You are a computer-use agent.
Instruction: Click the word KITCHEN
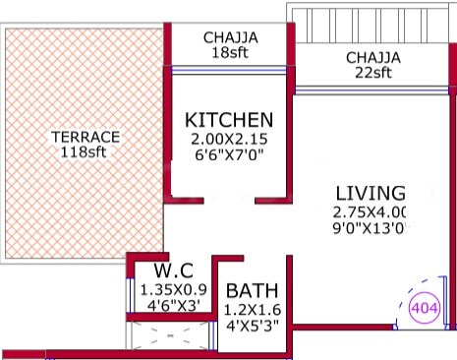(229, 120)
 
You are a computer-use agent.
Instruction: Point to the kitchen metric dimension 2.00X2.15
(229, 140)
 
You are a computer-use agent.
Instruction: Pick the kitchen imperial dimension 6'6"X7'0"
(229, 156)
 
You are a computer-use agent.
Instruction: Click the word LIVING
(370, 193)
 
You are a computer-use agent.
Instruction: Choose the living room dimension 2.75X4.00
(371, 212)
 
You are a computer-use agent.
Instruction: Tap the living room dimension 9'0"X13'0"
(371, 229)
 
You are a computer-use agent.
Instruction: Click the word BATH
(253, 292)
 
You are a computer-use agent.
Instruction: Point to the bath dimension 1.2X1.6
(253, 311)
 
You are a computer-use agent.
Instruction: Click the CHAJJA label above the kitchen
(231, 38)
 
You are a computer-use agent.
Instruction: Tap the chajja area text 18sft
(231, 54)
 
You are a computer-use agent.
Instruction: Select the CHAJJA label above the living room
(373, 57)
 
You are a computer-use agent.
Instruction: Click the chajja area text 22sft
(373, 73)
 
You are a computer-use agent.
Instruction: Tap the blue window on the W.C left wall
(130, 293)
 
